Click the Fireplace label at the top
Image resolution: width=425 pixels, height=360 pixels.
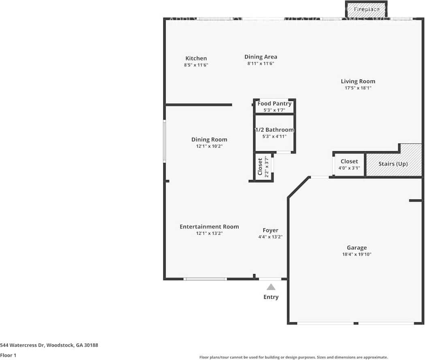click(367, 9)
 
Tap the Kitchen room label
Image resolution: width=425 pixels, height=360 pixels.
click(196, 58)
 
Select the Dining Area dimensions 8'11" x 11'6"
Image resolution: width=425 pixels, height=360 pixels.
click(261, 64)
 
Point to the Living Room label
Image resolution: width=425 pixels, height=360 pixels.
click(358, 81)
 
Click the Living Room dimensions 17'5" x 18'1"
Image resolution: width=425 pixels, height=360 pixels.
click(358, 88)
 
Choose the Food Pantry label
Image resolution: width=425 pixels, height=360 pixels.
click(274, 104)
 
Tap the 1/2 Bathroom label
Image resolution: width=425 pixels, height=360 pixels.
click(274, 130)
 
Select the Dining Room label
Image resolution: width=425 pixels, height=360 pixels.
click(209, 139)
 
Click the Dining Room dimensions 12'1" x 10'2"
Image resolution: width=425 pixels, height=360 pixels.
click(209, 146)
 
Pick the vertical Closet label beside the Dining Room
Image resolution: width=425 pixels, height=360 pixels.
click(260, 167)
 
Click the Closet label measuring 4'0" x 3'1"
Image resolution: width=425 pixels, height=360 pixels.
click(349, 161)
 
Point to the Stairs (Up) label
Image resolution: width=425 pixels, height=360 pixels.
click(393, 164)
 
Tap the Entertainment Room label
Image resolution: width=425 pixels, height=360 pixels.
click(209, 227)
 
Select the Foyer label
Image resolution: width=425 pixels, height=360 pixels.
click(270, 230)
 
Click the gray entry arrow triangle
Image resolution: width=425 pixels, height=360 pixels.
click(271, 287)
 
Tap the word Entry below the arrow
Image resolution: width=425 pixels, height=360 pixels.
click(271, 297)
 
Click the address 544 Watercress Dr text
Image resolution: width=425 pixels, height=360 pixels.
click(49, 345)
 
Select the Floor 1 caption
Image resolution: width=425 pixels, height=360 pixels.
click(8, 355)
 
